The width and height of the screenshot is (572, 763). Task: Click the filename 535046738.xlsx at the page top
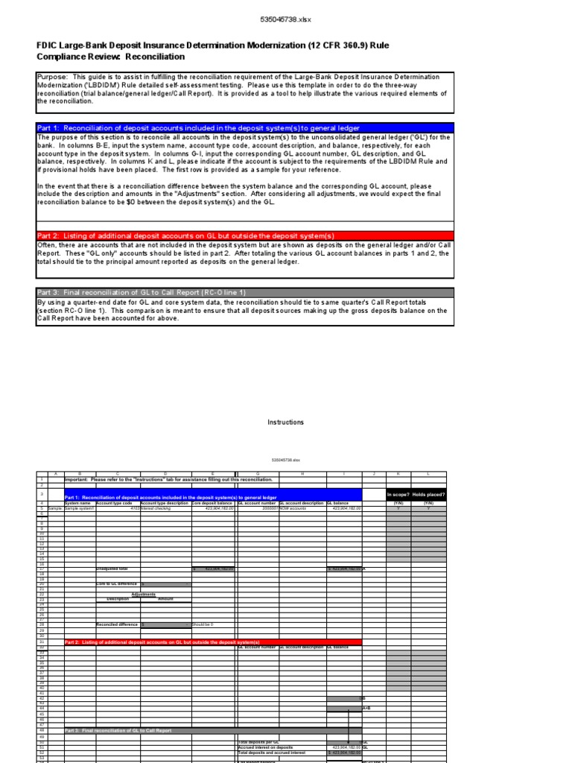[286, 19]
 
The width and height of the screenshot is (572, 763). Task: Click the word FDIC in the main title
[48, 45]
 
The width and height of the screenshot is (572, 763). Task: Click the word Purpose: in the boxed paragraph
[53, 77]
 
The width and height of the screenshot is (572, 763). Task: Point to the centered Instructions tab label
[286, 422]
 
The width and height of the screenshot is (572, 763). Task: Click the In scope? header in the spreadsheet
[398, 495]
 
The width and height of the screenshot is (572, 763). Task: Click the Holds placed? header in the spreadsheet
[428, 495]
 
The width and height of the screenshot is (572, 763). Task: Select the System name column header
[77, 503]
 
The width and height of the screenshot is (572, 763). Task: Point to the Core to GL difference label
[113, 584]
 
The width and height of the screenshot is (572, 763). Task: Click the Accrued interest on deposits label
[265, 747]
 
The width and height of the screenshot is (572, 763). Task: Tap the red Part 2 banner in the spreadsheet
[213, 642]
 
